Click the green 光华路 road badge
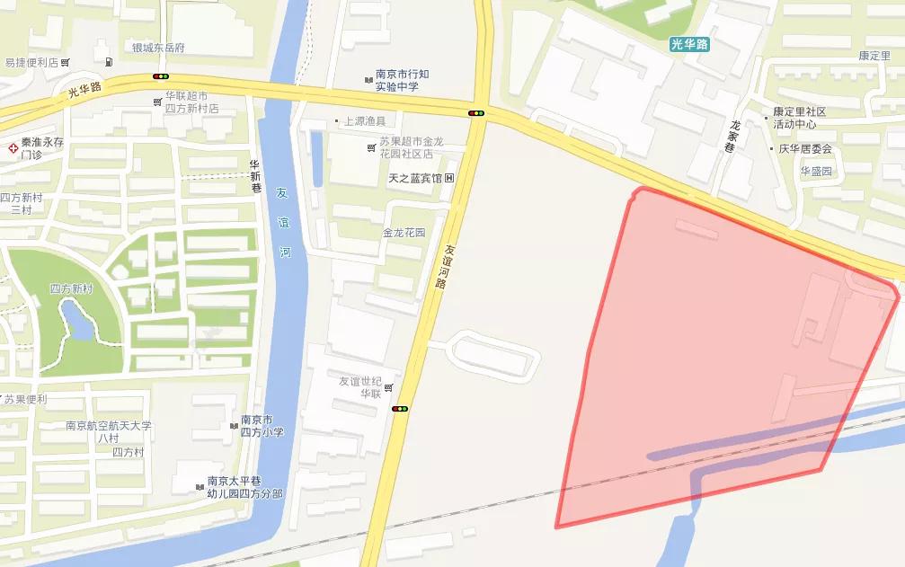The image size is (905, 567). pos(689,43)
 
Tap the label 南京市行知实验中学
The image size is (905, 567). pos(397,81)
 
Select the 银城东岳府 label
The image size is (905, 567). pos(157,49)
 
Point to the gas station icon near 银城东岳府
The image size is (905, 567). pos(109,62)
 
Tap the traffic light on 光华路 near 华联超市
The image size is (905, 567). pos(162,77)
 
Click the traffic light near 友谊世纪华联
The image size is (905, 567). pos(400,409)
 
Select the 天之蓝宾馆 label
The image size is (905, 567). pos(415,178)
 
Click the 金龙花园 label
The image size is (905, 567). pos(404,232)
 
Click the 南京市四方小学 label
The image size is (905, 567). pos(262,426)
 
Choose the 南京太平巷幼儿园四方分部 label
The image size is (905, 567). pos(244,486)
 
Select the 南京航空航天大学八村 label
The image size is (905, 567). pos(109,431)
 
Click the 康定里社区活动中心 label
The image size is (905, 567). pos(800,118)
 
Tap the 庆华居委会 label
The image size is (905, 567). pos(805,149)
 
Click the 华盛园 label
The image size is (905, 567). pos(817,171)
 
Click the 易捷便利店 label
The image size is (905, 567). pos(31,63)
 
